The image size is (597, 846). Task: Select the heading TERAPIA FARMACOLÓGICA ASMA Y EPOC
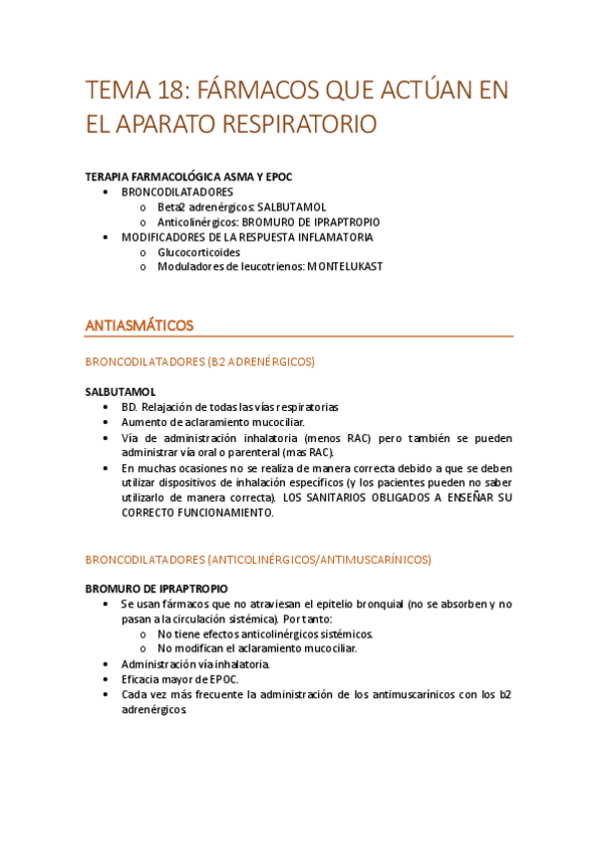pyautogui.click(x=189, y=177)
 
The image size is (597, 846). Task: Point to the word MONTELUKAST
pyautogui.click(x=345, y=266)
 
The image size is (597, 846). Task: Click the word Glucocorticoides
pyautogui.click(x=198, y=252)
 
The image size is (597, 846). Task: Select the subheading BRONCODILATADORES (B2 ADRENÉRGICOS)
pyautogui.click(x=200, y=361)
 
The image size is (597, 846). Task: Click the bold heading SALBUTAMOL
pyautogui.click(x=121, y=392)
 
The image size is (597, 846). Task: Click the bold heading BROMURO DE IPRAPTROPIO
pyautogui.click(x=156, y=589)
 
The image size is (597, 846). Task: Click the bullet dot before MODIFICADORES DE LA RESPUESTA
pyautogui.click(x=107, y=237)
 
